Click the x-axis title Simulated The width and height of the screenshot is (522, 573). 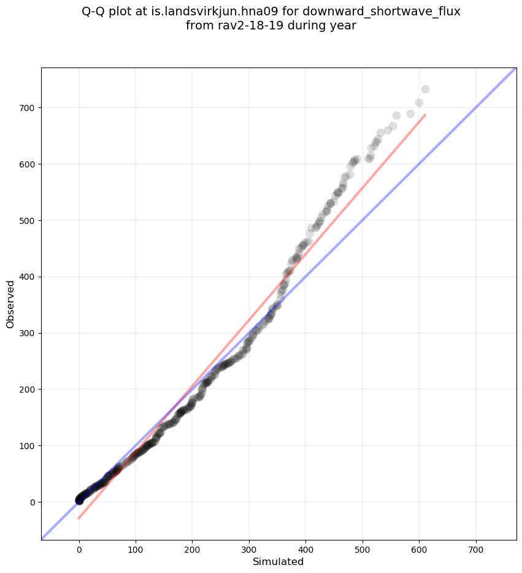[278, 561]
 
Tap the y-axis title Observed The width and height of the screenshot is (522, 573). [10, 304]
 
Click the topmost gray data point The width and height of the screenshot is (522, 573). [425, 90]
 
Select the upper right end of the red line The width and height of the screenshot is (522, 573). [425, 115]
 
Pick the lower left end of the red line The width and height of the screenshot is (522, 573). [79, 519]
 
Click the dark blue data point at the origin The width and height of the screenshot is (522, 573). [79, 501]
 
